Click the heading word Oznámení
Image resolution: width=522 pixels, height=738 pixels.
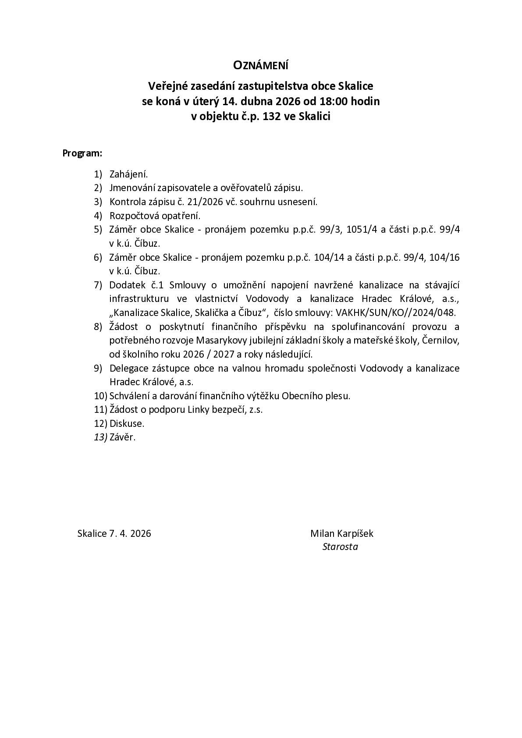point(260,66)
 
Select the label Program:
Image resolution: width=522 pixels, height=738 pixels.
point(82,153)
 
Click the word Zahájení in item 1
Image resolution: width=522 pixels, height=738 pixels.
point(128,174)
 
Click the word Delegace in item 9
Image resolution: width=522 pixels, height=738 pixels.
point(127,368)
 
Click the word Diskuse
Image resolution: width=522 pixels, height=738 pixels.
point(127,424)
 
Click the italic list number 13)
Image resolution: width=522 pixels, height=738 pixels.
point(100,437)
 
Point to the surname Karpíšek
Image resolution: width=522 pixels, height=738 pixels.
point(355,533)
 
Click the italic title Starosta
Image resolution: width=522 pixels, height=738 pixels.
point(340,547)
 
